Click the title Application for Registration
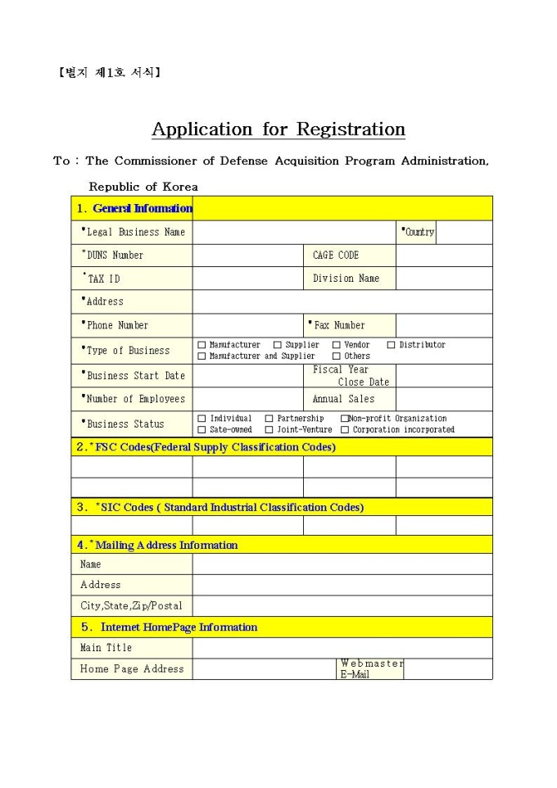coord(278,129)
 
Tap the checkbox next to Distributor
coord(391,345)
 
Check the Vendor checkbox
coord(336,345)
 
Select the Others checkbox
coord(336,356)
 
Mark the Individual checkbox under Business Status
coord(202,419)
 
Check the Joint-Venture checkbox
coord(269,429)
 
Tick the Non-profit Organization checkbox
coord(344,419)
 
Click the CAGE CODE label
coord(336,256)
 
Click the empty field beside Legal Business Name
coord(295,233)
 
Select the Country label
coord(419,233)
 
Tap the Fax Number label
coord(338,325)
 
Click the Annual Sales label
coord(343,399)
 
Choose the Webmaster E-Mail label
coord(371,668)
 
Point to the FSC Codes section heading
coord(206,447)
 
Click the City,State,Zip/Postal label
coord(131,606)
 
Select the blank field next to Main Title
coord(342,648)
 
